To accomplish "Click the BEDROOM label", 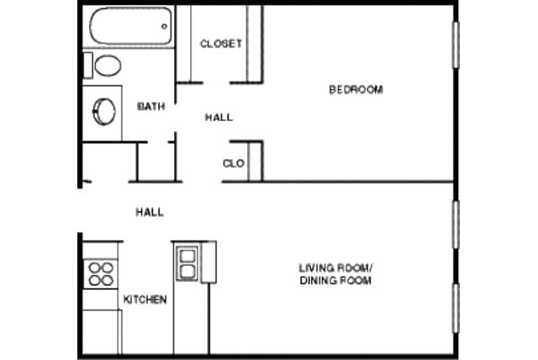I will point(356,89).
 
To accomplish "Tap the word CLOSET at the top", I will point(221,44).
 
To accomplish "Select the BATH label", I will point(150,107).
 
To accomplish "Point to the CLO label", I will point(234,164).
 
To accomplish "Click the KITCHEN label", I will point(145,299).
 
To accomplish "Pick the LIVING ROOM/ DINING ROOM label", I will point(336,274).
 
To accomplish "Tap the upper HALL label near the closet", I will point(219,118).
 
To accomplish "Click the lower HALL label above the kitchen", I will point(150,213).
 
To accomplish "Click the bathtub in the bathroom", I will point(131,28).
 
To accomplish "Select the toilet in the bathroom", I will point(105,65).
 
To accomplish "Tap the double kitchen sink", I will point(186,262).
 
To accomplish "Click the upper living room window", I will point(457,225).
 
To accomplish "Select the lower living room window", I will point(457,308).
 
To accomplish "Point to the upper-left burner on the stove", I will point(94,267).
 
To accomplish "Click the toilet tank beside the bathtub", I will point(87,65).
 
